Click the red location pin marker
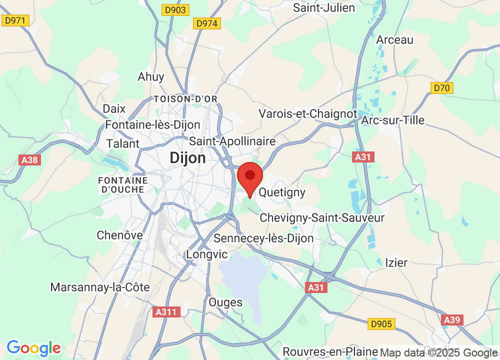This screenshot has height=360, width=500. (x=249, y=177)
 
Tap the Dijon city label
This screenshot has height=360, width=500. (x=187, y=158)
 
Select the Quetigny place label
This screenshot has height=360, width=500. (x=282, y=192)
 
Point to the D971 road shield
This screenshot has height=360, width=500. (x=16, y=20)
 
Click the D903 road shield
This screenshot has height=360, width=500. (x=175, y=9)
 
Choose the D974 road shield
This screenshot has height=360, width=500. (x=206, y=23)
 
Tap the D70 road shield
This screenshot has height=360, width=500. (x=442, y=88)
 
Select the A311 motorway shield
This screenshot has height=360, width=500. (x=165, y=312)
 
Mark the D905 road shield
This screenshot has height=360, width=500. (x=381, y=324)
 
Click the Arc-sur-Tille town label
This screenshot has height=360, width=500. (x=392, y=120)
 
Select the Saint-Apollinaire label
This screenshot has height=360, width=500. (x=232, y=141)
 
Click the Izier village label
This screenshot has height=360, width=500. (x=396, y=262)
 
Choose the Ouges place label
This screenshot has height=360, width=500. (x=225, y=302)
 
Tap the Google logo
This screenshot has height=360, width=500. (x=34, y=347)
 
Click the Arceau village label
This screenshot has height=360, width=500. (x=395, y=40)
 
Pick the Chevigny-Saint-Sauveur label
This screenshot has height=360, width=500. (x=322, y=218)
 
